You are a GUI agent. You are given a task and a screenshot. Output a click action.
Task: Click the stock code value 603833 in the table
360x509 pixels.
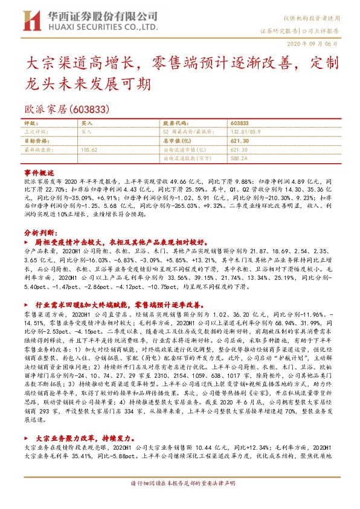240,122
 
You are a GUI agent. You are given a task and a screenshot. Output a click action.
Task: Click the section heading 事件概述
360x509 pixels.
39,172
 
